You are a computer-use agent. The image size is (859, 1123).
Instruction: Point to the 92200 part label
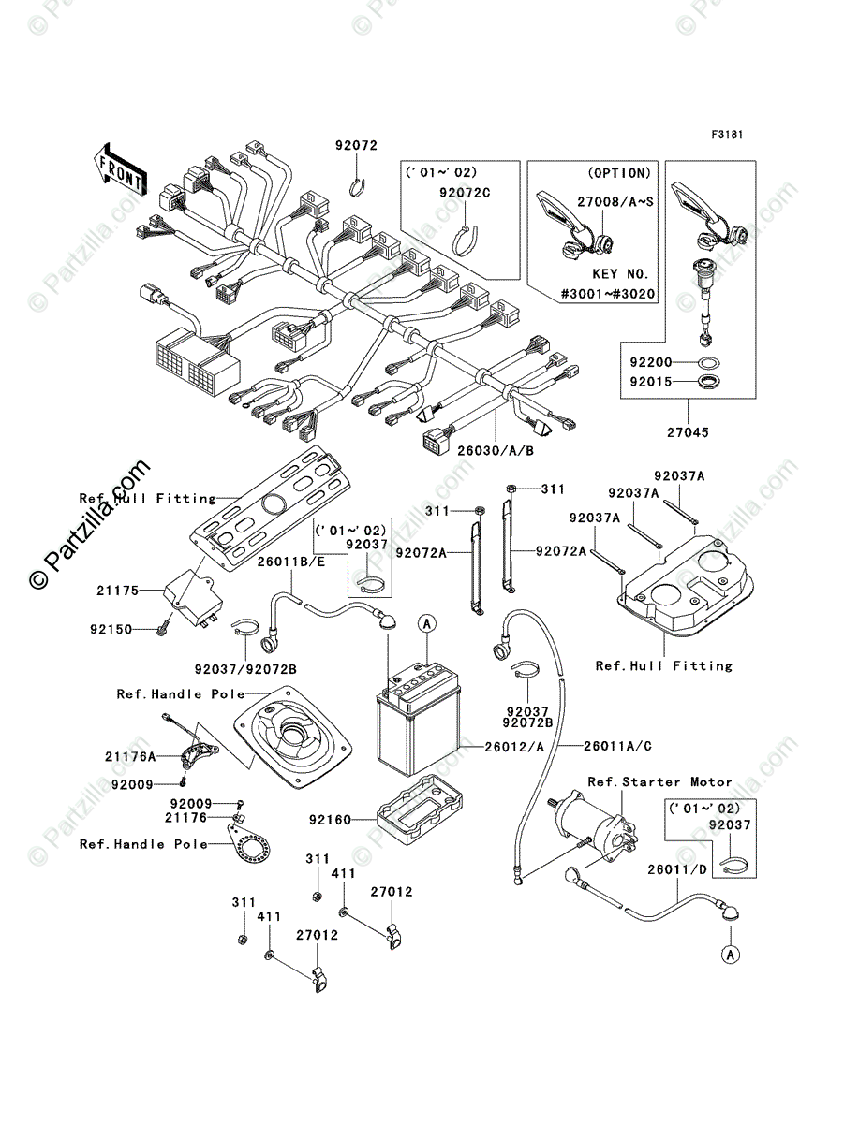click(650, 359)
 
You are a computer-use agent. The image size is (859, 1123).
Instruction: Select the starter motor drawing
click(597, 829)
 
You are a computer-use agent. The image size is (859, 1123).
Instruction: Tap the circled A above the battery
click(426, 622)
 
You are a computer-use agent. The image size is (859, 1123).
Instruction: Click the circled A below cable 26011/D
click(730, 955)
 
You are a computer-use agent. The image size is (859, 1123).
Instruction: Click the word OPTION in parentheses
click(619, 173)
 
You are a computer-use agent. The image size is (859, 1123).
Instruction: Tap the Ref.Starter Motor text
click(659, 781)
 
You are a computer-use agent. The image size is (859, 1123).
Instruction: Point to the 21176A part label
click(129, 754)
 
